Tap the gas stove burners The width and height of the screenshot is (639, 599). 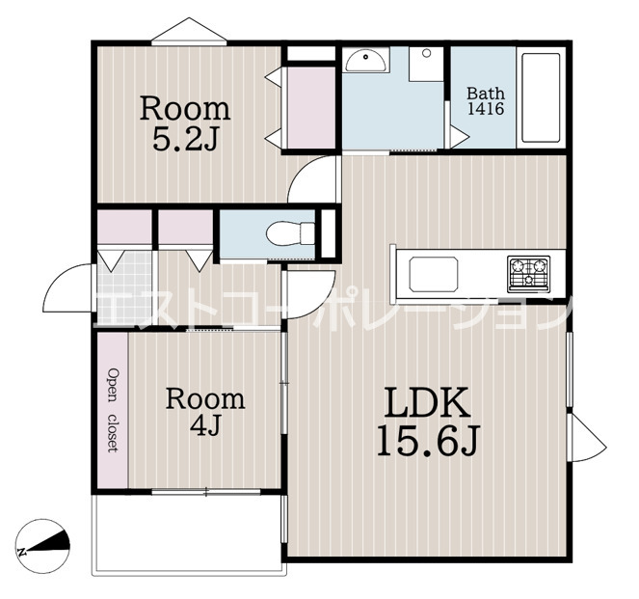528,274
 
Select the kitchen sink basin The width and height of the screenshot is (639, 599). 433,274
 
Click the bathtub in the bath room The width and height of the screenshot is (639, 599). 541,97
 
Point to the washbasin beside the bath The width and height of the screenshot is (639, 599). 365,60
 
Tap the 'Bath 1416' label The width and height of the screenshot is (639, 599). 486,101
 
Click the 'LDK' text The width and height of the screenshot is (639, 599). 427,402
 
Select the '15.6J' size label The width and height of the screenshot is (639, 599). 428,441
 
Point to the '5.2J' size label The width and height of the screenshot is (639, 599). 185,138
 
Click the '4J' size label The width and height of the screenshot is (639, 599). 205,424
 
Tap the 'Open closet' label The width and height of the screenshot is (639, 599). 113,410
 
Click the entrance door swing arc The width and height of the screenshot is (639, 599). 66,286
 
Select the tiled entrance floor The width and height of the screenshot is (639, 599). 124,288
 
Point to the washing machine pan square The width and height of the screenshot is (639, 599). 426,64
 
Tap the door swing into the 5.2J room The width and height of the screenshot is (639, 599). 313,179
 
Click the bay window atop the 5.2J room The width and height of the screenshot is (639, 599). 189,31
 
